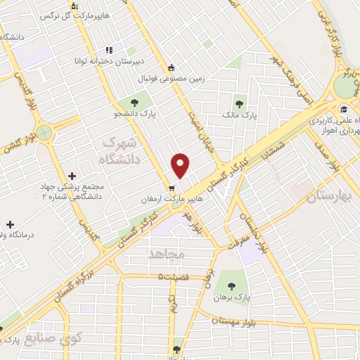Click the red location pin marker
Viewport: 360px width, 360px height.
(181, 165)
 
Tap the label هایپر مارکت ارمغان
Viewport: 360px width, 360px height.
(146, 199)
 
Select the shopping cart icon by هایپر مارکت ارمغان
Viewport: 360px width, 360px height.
(172, 188)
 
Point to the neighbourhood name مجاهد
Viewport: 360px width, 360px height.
(166, 252)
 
